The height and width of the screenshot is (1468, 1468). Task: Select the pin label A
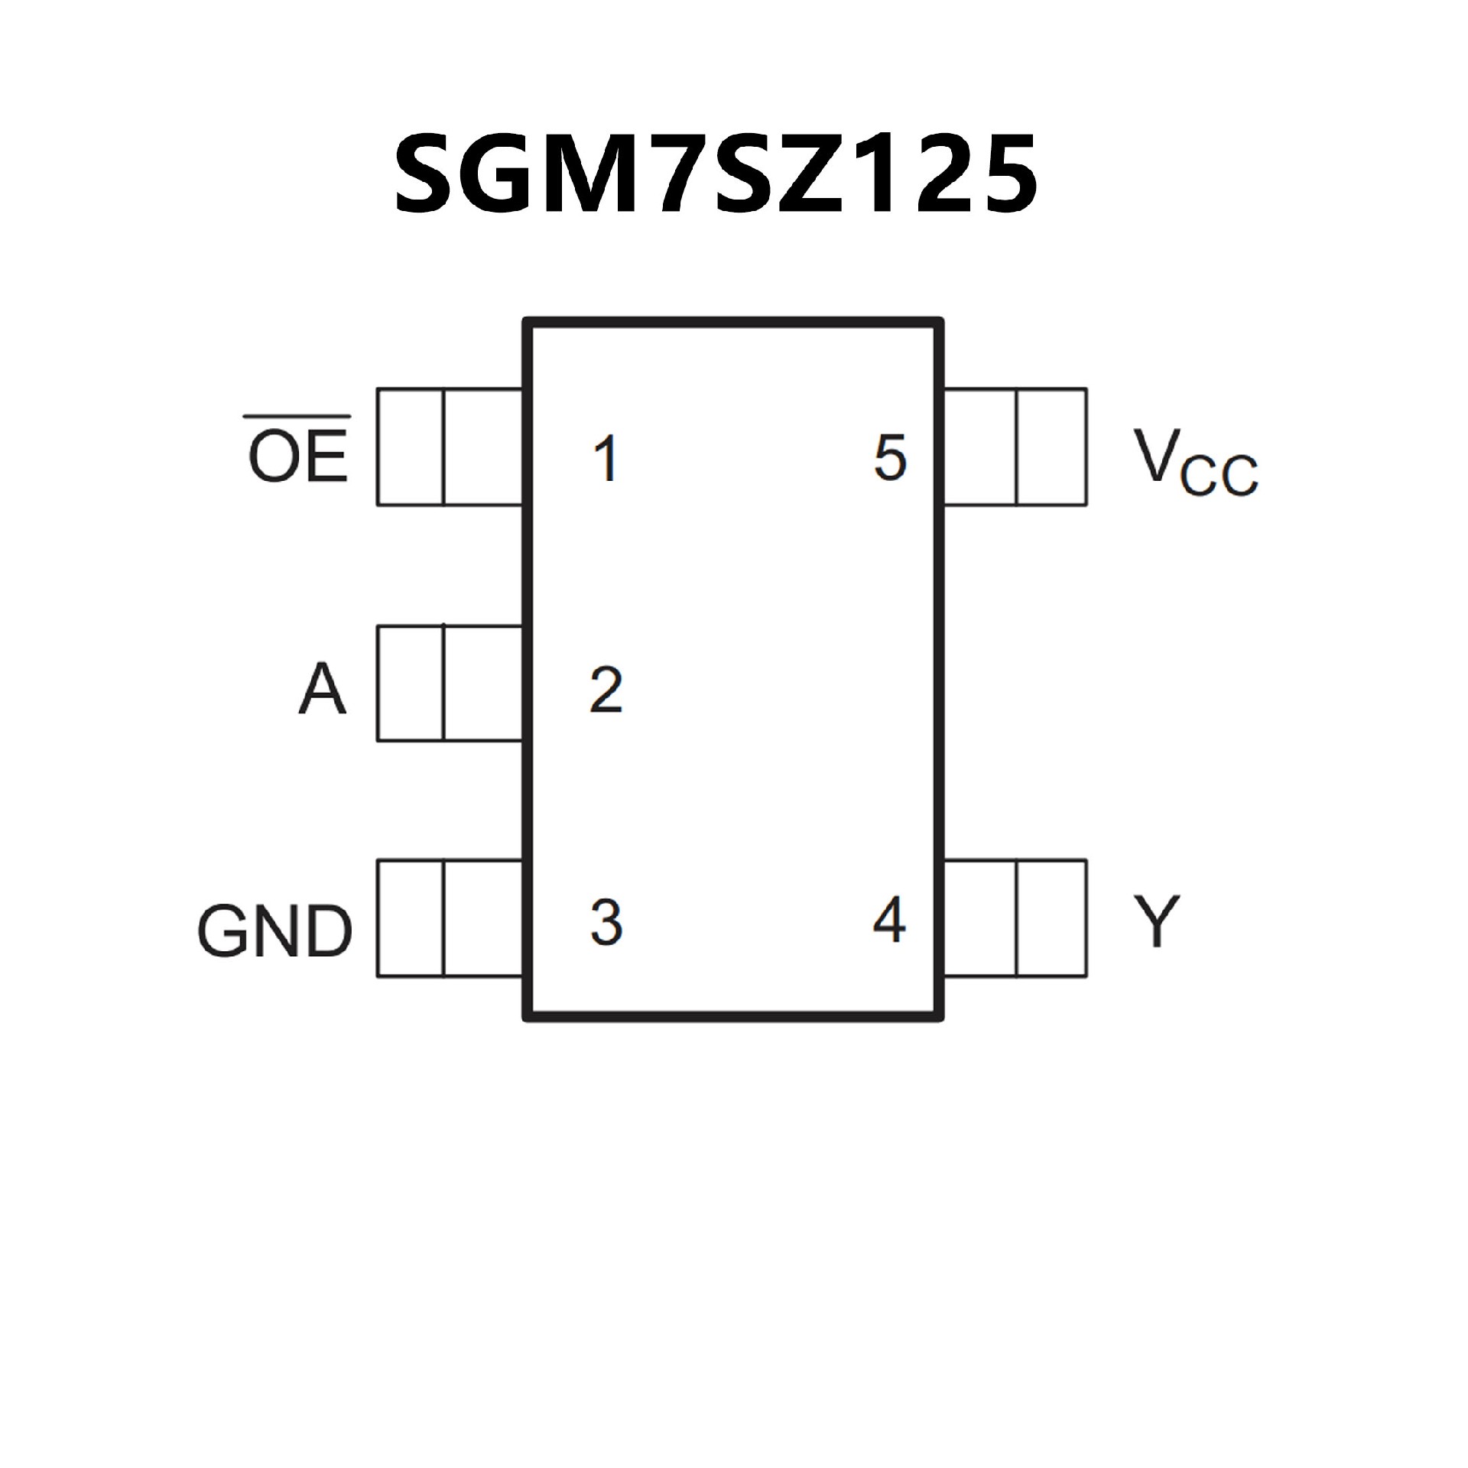(322, 690)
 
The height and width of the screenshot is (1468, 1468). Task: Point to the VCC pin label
(1196, 463)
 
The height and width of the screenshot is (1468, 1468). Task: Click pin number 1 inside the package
(607, 459)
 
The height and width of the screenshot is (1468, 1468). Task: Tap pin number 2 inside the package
(606, 690)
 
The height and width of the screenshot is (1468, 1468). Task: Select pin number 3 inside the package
(606, 922)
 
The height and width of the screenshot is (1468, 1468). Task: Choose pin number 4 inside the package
(889, 921)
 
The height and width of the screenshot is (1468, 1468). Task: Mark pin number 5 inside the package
(890, 458)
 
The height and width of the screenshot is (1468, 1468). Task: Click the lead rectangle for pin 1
(450, 447)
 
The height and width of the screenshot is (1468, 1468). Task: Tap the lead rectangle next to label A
(450, 684)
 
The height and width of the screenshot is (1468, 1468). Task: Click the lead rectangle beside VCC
(1015, 447)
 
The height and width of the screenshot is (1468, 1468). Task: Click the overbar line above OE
(297, 417)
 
